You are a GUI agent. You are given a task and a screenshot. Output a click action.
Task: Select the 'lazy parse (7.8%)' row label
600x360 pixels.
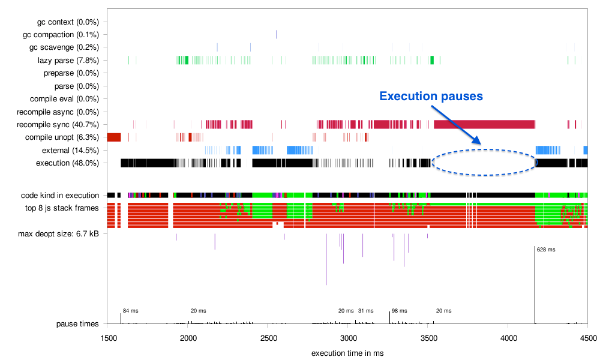(64, 61)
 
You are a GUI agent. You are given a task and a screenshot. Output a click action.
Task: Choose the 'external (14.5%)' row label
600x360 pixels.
(67, 150)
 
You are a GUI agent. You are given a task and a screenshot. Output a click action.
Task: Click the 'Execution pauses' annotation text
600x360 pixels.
(431, 96)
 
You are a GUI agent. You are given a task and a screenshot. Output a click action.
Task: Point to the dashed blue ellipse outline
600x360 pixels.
(484, 175)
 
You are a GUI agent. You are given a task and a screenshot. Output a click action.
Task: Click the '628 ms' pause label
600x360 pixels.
(546, 250)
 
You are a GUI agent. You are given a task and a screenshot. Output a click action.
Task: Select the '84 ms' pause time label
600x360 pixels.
(130, 311)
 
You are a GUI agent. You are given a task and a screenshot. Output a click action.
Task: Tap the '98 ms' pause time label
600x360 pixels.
(399, 311)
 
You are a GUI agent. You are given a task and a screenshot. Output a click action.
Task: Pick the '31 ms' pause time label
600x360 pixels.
(365, 311)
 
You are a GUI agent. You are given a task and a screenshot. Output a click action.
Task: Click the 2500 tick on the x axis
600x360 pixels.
(268, 339)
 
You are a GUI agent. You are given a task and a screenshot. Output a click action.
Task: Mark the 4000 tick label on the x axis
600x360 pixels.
(508, 339)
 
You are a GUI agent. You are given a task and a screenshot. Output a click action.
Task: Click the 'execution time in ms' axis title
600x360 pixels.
(347, 352)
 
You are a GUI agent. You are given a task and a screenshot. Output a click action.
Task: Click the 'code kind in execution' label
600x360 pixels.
(59, 195)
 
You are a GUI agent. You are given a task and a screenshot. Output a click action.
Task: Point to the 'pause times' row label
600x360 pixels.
(77, 324)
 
